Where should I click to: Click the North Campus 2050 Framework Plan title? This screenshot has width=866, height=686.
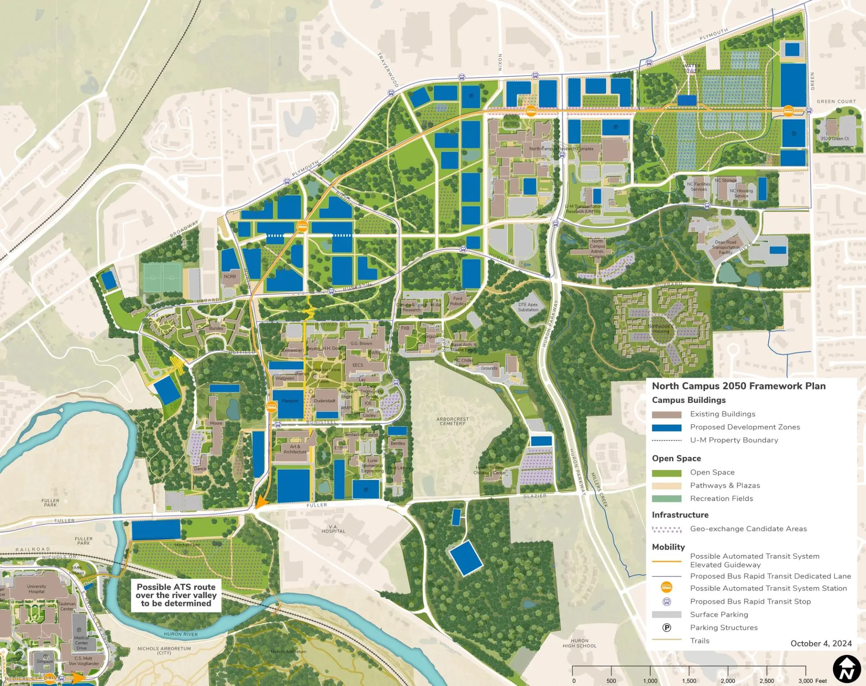coord(738,386)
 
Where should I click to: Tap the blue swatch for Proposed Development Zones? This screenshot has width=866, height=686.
coord(666,427)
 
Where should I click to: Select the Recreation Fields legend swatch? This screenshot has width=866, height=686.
coord(666,498)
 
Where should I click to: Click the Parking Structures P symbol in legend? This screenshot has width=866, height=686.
coord(666,627)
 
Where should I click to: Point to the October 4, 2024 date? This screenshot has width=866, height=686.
coord(821,644)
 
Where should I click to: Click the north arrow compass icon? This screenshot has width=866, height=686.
coord(847,669)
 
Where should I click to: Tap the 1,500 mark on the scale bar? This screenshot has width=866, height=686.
coord(689,681)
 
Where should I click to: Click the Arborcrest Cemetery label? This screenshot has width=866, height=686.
coord(452,421)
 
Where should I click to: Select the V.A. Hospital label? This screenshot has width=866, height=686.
coord(333,529)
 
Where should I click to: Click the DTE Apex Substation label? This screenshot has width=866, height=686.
coord(528,307)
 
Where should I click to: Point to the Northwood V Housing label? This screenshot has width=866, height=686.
coord(661,329)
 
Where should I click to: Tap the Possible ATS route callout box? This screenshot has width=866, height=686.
coord(176,595)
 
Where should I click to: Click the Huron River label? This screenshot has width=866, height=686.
coord(180,634)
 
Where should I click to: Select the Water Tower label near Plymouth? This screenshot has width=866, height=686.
coord(691,69)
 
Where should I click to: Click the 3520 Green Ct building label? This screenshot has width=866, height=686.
coord(834,138)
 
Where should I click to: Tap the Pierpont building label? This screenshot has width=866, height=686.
coord(290,401)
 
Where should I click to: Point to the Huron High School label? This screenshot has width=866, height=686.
coord(579,643)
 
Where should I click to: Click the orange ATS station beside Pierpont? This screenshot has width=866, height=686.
coord(272,407)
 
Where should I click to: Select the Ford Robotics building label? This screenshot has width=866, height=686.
coord(458,301)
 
